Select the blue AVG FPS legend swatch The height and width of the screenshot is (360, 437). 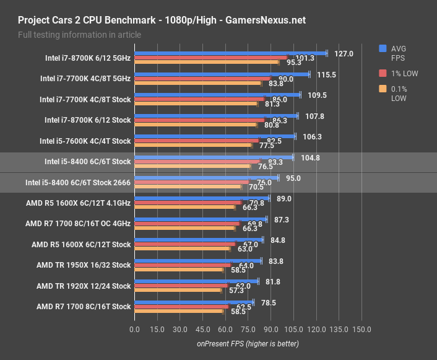tap(383, 48)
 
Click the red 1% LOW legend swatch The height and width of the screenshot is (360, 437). tap(383, 73)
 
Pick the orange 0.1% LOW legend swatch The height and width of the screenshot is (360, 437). tap(383, 89)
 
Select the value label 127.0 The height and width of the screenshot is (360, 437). tap(343, 54)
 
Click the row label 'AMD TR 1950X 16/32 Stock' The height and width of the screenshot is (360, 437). tap(84, 265)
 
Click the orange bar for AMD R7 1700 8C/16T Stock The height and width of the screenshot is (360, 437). tap(178, 311)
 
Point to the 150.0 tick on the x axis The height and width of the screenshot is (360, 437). tap(361, 330)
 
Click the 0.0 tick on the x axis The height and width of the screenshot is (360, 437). tap(134, 330)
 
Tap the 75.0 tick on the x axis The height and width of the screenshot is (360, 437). tap(248, 330)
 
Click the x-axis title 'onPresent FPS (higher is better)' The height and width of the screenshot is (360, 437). tap(248, 343)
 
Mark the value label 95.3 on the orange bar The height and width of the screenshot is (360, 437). tap(293, 63)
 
